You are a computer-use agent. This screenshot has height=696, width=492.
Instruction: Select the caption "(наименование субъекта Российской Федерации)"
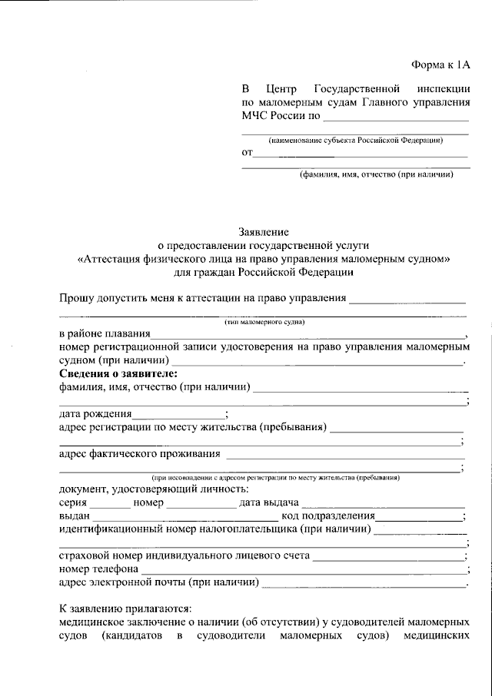point(354,141)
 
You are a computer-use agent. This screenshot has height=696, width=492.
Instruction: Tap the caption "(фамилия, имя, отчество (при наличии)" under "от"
point(376,174)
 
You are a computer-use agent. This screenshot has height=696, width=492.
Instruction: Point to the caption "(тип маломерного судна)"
point(264,323)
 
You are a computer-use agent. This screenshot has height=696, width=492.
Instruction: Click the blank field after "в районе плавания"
point(307,335)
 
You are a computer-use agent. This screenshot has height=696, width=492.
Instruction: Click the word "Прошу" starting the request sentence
point(76,299)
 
